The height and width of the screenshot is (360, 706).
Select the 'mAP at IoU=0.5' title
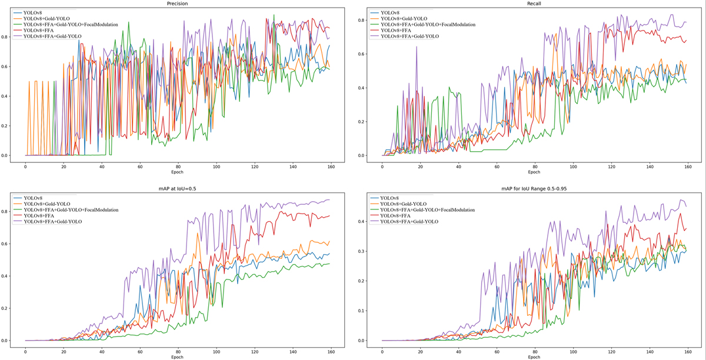pos(177,186)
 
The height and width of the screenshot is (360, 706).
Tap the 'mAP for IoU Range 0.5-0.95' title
pos(534,186)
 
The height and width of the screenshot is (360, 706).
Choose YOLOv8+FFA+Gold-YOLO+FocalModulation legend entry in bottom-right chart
pos(428,209)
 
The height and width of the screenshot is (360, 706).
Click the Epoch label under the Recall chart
pos(534,172)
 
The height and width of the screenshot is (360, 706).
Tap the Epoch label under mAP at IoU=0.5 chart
pos(177,357)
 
